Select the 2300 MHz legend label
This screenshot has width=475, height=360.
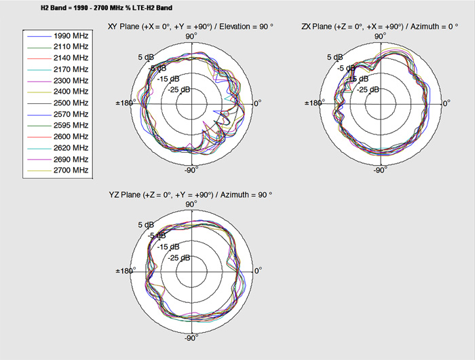click(x=71, y=81)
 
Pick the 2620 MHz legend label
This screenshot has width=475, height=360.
click(x=71, y=147)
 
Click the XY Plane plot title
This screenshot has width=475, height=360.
click(x=190, y=26)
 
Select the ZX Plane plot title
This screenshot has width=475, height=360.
click(x=380, y=26)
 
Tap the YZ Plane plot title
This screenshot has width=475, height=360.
click(x=190, y=195)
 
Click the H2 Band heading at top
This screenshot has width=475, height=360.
click(x=107, y=8)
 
